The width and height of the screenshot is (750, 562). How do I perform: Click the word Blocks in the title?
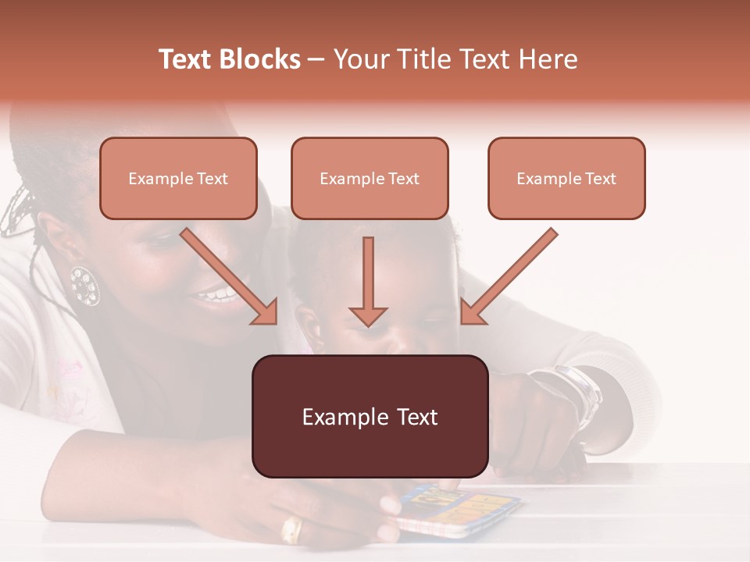point(261,59)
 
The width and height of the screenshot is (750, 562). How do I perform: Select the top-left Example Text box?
point(178,178)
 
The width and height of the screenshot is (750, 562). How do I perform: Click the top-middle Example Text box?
point(370,178)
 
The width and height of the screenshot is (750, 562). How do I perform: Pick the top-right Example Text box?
point(566,178)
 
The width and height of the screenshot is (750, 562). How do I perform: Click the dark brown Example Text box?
point(370,416)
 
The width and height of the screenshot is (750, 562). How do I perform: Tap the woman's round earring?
point(84,286)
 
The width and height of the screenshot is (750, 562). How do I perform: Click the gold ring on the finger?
point(291,531)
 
